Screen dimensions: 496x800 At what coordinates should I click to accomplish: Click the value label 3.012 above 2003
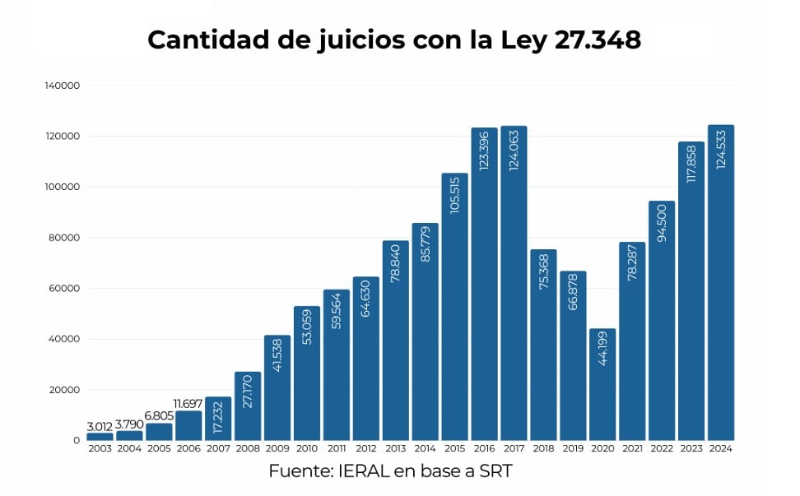tap(100, 426)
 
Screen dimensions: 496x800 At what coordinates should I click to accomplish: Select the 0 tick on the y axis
tap(77, 441)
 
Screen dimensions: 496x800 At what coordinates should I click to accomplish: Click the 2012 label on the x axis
tap(365, 449)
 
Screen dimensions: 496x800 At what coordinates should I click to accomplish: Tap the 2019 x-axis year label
tap(573, 449)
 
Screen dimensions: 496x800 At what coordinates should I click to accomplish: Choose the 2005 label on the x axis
tap(159, 449)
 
